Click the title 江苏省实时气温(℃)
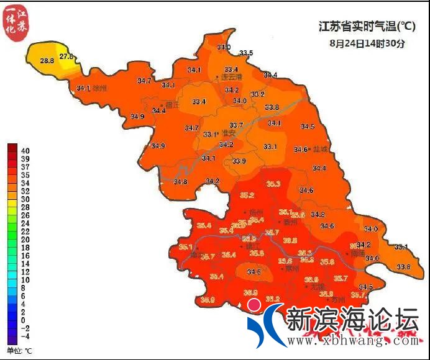(367, 27)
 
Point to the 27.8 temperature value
(66, 56)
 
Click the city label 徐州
(99, 89)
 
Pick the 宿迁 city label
(171, 105)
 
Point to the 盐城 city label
(321, 149)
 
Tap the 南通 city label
(359, 253)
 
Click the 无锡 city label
(318, 287)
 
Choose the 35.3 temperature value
(273, 184)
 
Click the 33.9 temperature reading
(239, 161)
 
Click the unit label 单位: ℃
(19, 351)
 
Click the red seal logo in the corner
(14, 23)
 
